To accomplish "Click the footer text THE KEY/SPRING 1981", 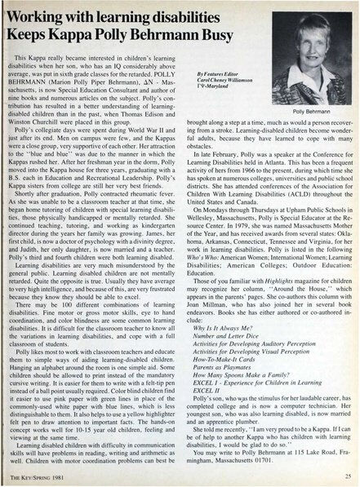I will click(x=34, y=478).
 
